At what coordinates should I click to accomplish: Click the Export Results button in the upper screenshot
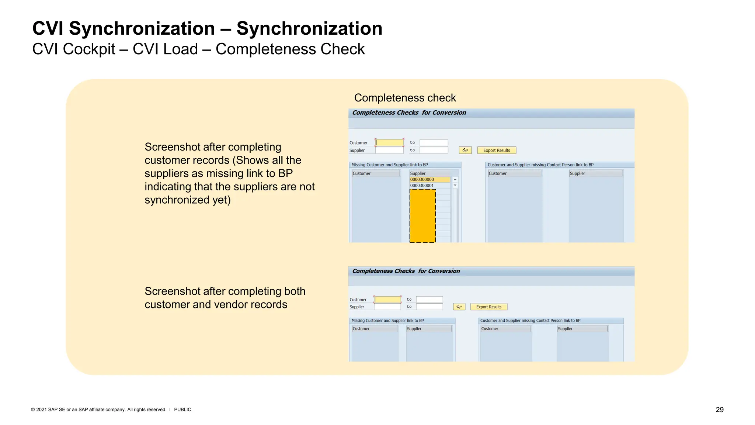click(x=496, y=150)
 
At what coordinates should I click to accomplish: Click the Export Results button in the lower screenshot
click(x=488, y=307)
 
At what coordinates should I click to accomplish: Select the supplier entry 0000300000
click(x=429, y=180)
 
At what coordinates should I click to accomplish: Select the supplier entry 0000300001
click(x=429, y=186)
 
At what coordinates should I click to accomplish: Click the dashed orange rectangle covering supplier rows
click(x=422, y=216)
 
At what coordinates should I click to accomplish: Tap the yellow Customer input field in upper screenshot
click(x=389, y=143)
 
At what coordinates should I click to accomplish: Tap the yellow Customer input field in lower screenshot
click(x=387, y=300)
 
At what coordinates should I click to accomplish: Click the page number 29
click(x=719, y=410)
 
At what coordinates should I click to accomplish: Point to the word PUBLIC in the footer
click(x=182, y=410)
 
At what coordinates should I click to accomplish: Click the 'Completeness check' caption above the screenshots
click(x=405, y=98)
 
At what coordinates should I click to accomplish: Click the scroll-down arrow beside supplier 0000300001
click(x=455, y=186)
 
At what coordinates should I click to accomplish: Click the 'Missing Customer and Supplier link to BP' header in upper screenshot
click(x=389, y=165)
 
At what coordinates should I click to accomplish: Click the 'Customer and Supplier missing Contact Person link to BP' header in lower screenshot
click(x=530, y=321)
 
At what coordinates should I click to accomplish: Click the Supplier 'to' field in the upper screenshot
click(x=434, y=150)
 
